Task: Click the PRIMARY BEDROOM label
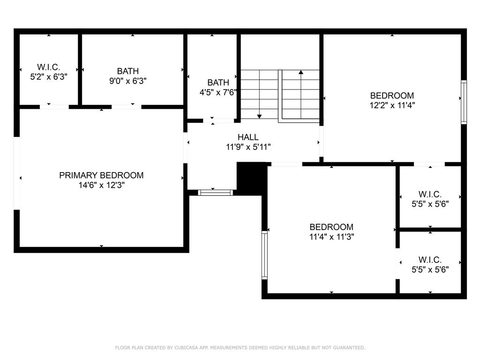point(101,175)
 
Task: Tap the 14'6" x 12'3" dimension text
point(101,185)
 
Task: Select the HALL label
point(248,137)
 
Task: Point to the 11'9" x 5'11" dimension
point(248,147)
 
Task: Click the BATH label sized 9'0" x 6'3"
point(128,71)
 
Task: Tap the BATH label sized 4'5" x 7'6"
point(218,82)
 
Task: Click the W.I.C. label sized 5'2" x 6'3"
point(48,67)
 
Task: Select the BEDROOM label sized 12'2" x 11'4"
point(392,96)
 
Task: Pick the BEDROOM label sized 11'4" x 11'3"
point(331,227)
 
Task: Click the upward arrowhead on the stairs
point(301,72)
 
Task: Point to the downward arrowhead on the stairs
point(259,116)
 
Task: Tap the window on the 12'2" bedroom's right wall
point(464,102)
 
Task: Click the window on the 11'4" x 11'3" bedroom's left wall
point(264,255)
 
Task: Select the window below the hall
point(215,193)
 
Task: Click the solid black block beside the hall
point(251,179)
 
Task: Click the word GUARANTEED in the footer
point(349,347)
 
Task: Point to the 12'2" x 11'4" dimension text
point(392,105)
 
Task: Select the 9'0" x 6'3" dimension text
point(128,81)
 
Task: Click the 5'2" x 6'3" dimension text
point(49,76)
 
